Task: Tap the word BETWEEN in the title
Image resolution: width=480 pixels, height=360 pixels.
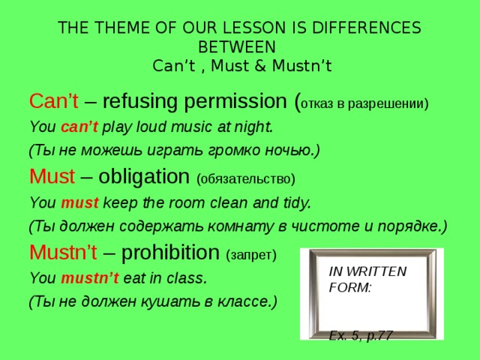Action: click(240, 46)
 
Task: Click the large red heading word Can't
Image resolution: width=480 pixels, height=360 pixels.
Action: click(50, 100)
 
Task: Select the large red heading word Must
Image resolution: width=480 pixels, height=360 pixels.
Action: click(52, 177)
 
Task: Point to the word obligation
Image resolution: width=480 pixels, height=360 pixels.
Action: click(143, 177)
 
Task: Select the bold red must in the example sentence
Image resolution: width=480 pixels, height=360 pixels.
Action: click(76, 202)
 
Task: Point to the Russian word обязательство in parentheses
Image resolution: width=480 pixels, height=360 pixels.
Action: click(245, 179)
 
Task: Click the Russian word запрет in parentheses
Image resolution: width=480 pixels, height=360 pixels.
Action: click(250, 255)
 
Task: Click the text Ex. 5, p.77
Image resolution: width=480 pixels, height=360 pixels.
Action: click(361, 336)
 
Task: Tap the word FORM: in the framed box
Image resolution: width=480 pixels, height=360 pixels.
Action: click(350, 286)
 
